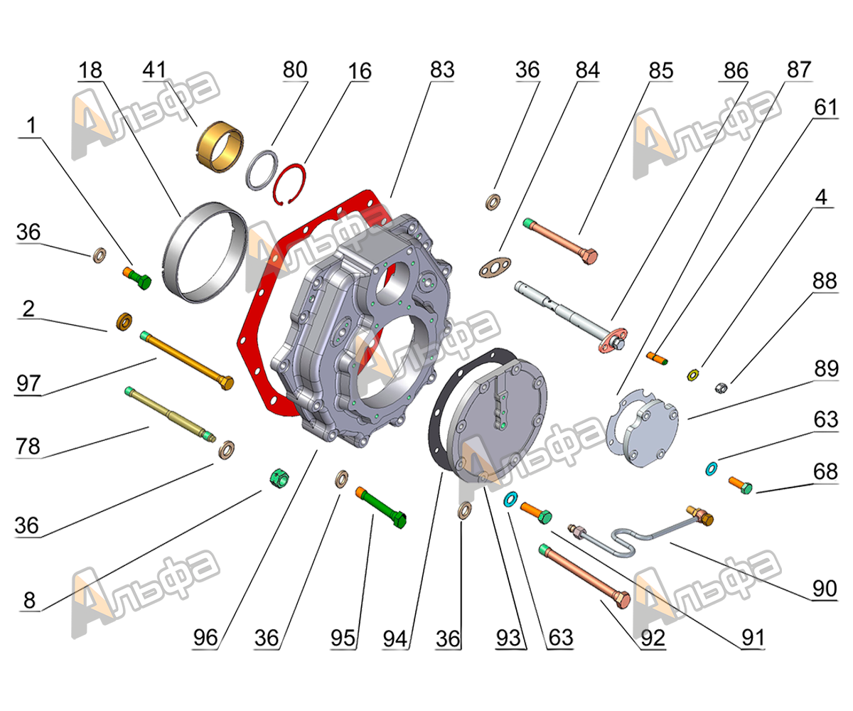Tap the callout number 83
pyautogui.click(x=442, y=70)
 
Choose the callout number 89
pyautogui.click(x=826, y=369)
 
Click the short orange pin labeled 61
pyautogui.click(x=658, y=358)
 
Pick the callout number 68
pyautogui.click(x=826, y=471)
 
